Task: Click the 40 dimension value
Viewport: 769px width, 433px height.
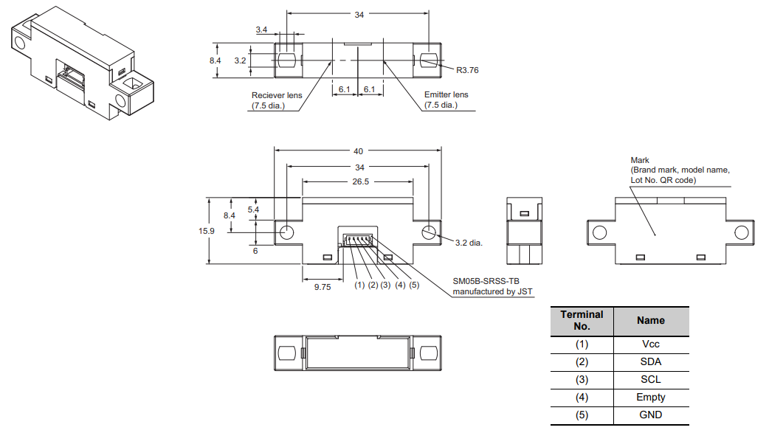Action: [x=358, y=151]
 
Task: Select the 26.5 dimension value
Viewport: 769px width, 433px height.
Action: [x=358, y=181]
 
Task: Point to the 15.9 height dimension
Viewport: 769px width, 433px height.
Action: [x=207, y=231]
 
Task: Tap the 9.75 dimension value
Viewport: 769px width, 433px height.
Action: [x=323, y=288]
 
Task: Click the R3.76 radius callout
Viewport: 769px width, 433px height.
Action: [x=467, y=71]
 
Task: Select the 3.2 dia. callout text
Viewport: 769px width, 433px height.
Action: [x=469, y=242]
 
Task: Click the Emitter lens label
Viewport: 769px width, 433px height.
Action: [x=446, y=94]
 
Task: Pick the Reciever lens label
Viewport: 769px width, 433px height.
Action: [x=278, y=95]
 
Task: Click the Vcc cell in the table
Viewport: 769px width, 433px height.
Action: [x=651, y=344]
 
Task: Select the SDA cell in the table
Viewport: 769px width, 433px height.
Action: [x=651, y=362]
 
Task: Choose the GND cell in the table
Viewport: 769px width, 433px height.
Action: [x=651, y=415]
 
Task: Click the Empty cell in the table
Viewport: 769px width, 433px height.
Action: [x=651, y=397]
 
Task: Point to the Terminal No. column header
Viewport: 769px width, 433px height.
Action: [x=582, y=320]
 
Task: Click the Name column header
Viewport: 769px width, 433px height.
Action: [x=651, y=320]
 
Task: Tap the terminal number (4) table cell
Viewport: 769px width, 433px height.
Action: [x=582, y=397]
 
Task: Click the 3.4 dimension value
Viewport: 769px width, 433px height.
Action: [x=262, y=30]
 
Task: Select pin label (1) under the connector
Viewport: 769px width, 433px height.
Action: [x=359, y=285]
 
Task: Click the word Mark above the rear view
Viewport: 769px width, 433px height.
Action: [x=640, y=160]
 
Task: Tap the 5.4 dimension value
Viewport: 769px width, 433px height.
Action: [x=253, y=210]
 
